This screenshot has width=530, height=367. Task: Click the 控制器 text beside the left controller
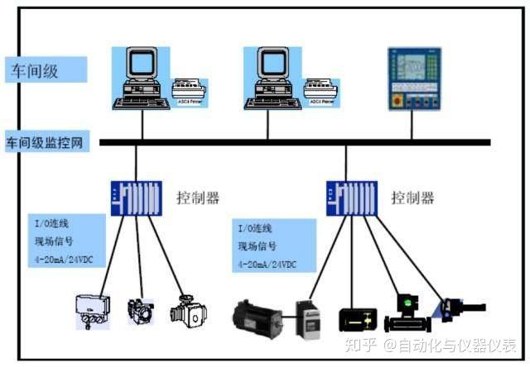tap(200, 198)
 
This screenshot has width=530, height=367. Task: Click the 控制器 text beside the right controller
tap(412, 198)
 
